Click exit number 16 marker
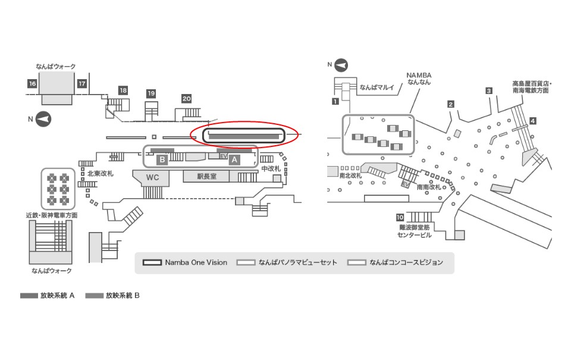tap(32, 84)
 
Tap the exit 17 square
tap(81, 84)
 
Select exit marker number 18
tap(123, 90)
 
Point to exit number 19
tap(151, 93)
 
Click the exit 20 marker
tap(186, 99)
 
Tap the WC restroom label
tap(152, 177)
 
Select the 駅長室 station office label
tap(208, 177)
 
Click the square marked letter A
tap(234, 159)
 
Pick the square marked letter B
tap(161, 159)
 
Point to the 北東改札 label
tap(100, 174)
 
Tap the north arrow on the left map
tap(43, 119)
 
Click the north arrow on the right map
tap(341, 64)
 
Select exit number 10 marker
tap(400, 217)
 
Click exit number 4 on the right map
tap(533, 121)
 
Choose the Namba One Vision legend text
tap(196, 262)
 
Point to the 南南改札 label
tap(429, 186)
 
